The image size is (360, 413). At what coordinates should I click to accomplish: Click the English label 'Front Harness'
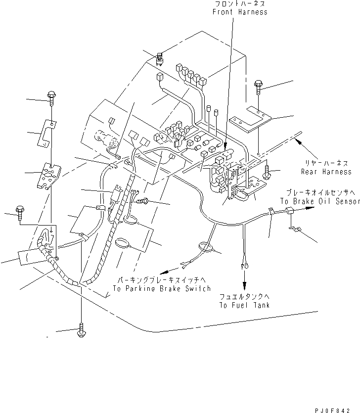[240, 12]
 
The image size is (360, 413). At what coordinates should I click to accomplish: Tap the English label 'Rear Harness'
[325, 172]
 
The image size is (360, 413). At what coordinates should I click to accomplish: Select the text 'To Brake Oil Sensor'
[319, 201]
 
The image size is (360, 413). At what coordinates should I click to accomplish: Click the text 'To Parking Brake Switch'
[162, 288]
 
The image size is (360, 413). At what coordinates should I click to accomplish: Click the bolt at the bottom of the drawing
[80, 332]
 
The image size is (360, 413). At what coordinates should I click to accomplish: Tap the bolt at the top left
[51, 96]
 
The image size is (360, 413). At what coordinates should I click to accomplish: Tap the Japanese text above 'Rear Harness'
[325, 163]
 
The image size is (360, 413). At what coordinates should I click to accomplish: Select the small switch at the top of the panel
[160, 58]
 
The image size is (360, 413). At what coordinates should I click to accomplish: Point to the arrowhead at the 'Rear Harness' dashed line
[297, 140]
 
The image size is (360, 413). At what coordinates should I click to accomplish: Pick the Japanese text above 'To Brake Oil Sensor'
[319, 193]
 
